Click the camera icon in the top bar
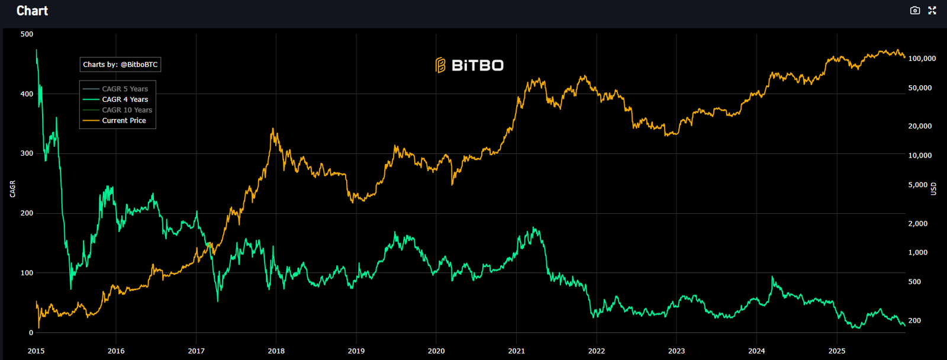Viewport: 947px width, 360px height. pos(915,11)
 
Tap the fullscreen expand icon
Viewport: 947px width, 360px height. pos(932,11)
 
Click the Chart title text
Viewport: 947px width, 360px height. pos(32,11)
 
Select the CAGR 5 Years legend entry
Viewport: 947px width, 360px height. pos(124,89)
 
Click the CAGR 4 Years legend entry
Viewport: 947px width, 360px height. pos(124,99)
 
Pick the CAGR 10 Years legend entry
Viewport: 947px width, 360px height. pos(127,110)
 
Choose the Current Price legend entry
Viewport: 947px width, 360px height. pos(124,121)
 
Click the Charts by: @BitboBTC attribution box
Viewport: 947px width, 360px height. pos(120,65)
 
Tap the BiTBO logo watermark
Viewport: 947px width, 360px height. pos(469,65)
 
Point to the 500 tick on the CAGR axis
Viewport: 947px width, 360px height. pos(27,34)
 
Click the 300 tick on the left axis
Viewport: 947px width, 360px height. pos(27,153)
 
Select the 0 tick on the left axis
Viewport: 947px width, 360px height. pos(31,333)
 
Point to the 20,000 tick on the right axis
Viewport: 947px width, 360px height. pos(920,126)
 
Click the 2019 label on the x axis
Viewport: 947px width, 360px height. pos(356,351)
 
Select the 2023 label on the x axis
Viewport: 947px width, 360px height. pos(677,351)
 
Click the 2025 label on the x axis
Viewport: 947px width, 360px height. pos(837,351)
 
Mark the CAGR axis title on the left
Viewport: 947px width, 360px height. pos(13,189)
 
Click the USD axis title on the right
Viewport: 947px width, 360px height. pos(933,189)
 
